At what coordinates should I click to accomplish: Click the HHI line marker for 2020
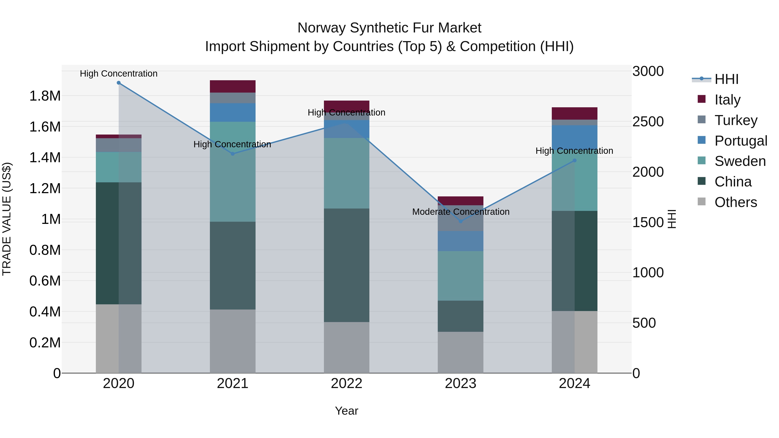coord(119,83)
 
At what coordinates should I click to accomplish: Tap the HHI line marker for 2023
coord(460,221)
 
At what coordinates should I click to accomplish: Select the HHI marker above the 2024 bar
coord(575,160)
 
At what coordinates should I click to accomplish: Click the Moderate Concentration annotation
coord(460,212)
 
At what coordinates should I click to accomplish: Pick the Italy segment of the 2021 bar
coord(233,87)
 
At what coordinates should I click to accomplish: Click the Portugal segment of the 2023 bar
coord(460,241)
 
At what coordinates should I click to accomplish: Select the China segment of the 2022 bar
coord(347,265)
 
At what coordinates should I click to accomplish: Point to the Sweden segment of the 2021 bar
coord(233,172)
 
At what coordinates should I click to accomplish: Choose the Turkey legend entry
coord(736,120)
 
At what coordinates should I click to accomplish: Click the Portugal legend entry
coord(741,141)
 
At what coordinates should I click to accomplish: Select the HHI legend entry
coord(726,79)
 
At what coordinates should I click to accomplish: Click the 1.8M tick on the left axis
coord(45,96)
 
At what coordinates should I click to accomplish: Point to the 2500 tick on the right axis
coord(648,122)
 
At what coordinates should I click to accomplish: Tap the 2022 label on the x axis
coord(347,383)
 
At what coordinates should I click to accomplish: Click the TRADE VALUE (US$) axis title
coord(7,219)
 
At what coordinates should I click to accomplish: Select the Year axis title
coord(347,411)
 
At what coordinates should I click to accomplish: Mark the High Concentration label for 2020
coord(119,74)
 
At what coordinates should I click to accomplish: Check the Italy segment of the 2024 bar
coord(575,113)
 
